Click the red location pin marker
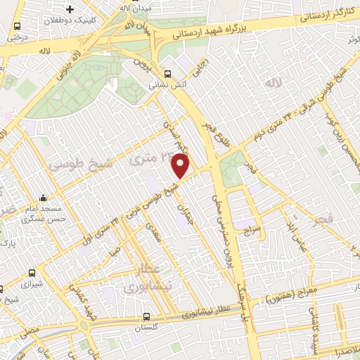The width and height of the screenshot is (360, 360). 181,165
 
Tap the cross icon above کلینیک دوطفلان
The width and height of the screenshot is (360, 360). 69,11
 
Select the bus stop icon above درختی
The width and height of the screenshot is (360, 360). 17,27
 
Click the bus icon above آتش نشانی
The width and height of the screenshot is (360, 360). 167,73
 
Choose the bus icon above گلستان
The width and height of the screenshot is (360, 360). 146,316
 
